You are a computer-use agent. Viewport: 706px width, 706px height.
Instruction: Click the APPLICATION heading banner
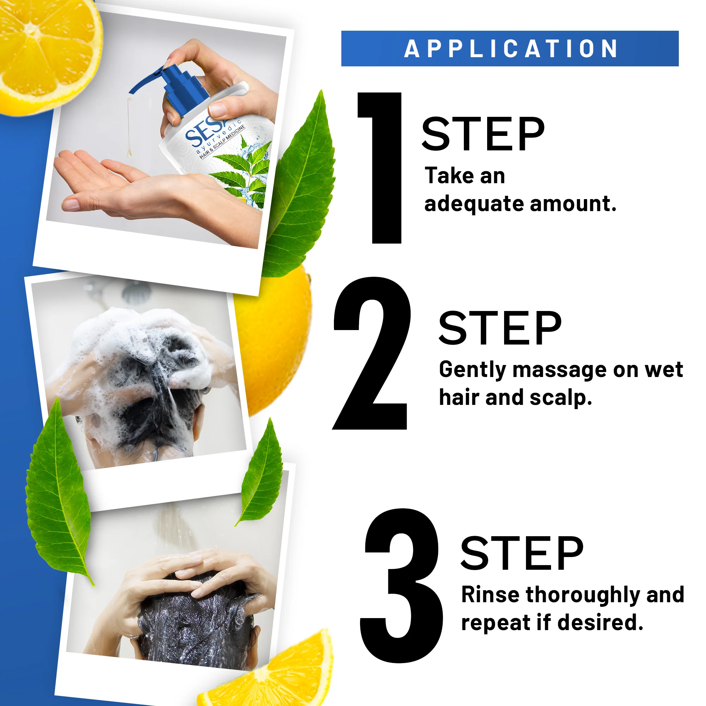[x=510, y=49]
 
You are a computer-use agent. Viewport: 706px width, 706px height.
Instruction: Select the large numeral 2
[x=372, y=353]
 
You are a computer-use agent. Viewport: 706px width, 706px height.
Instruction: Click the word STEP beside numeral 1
[x=483, y=134]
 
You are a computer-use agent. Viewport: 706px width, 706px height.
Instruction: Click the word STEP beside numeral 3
[x=522, y=553]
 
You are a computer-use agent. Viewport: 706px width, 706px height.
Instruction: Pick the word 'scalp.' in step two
[x=561, y=398]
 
